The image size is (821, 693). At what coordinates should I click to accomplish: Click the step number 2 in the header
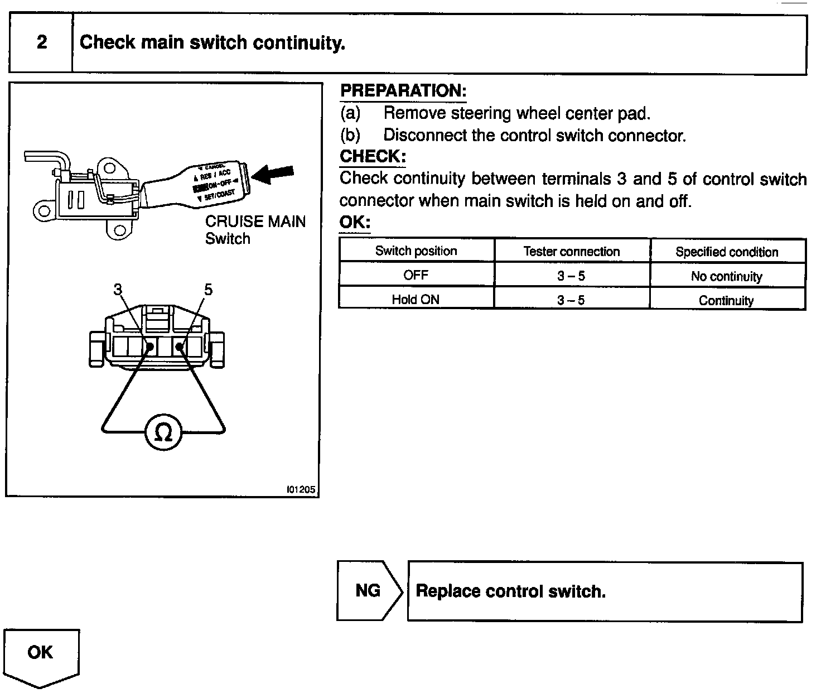42,42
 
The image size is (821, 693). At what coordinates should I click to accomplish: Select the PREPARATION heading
403,91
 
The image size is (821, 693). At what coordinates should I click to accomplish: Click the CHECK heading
372,157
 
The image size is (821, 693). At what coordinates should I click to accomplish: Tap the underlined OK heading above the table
354,222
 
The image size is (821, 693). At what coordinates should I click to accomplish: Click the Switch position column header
416,251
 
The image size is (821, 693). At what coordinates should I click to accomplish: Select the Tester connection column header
572,252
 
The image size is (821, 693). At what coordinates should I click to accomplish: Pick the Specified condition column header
727,252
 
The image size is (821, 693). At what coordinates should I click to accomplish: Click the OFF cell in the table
416,275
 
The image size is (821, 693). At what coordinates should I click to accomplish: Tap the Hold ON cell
416,300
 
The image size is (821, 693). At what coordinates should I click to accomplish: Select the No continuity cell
726,276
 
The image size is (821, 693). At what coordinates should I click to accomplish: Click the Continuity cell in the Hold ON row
726,301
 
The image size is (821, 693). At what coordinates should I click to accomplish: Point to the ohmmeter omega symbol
163,432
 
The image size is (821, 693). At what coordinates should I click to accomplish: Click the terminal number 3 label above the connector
118,289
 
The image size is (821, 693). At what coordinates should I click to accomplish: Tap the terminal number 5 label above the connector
208,289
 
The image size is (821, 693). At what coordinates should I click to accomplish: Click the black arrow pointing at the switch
272,175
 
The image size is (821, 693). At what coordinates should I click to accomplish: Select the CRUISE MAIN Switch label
255,230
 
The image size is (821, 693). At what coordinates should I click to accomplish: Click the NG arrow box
368,590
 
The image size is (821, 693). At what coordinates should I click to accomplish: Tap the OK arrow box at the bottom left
41,653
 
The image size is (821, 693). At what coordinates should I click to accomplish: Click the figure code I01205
301,490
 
